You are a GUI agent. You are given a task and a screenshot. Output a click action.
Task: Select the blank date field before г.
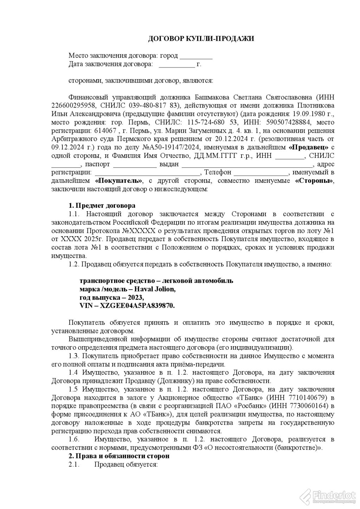point(176,65)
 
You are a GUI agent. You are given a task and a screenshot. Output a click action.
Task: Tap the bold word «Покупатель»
point(118,181)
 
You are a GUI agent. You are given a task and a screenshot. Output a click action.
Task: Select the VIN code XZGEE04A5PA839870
point(137,306)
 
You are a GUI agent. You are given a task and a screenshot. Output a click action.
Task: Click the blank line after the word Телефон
point(261,173)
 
